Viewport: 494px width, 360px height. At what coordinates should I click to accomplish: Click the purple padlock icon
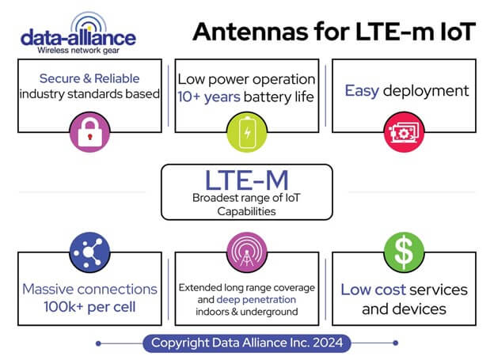[x=89, y=132]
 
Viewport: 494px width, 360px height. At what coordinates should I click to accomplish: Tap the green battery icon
[x=247, y=132]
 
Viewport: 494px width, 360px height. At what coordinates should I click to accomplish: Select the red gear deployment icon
[x=404, y=132]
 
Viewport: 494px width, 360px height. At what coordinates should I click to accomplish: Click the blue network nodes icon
[x=89, y=252]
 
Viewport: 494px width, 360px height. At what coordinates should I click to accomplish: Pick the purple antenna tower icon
[x=247, y=252]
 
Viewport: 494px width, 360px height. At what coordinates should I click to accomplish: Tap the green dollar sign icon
[x=404, y=252]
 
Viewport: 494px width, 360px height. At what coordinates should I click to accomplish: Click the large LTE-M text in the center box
[x=247, y=180]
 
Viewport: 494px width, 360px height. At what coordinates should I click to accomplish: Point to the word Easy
[x=362, y=91]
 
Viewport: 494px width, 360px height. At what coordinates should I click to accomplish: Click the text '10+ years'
[x=209, y=97]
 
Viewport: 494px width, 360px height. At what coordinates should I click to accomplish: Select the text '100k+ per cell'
[x=89, y=307]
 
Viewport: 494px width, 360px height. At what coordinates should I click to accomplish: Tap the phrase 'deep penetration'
[x=256, y=300]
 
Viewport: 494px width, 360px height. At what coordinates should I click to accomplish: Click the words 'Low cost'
[x=374, y=290]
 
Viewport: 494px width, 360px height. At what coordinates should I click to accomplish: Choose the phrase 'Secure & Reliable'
[x=89, y=78]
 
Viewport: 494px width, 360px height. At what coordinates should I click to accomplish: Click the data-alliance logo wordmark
[x=78, y=38]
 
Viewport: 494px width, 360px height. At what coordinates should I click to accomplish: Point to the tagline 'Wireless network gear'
[x=78, y=51]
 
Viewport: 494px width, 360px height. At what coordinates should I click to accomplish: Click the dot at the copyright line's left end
[x=98, y=343]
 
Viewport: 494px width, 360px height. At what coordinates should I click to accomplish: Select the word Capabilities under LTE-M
[x=247, y=212]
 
